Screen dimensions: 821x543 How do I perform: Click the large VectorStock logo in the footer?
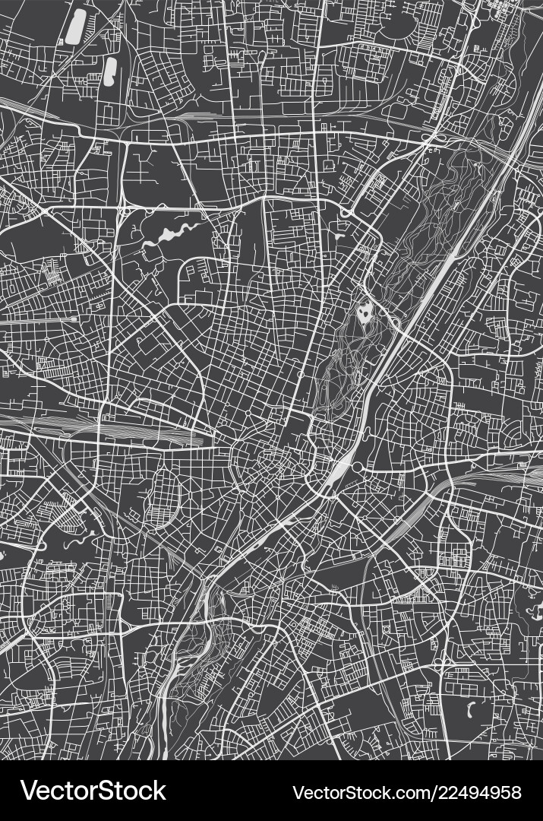tap(93, 791)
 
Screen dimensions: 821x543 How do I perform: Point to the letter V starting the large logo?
tap(30, 791)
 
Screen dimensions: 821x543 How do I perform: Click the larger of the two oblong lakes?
tap(76, 27)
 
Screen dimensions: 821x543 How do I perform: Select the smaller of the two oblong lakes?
tap(111, 71)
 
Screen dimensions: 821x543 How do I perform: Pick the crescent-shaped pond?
tap(472, 710)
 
